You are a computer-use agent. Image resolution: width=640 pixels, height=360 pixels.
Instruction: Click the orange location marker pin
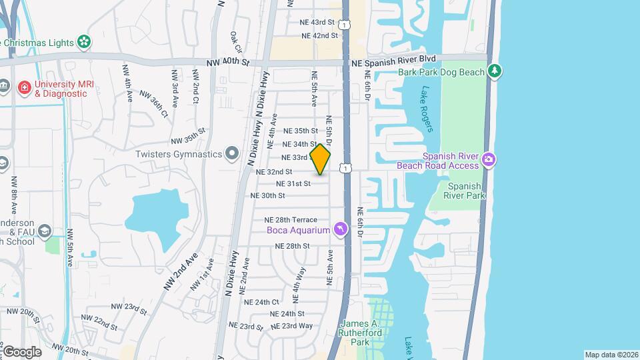point(321,159)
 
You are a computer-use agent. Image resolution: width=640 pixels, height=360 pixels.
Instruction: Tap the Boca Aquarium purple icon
point(341,229)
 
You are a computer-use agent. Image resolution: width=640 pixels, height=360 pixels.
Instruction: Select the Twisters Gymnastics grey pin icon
point(231,154)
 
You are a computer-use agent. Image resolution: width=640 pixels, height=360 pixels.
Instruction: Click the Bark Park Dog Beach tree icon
point(494,71)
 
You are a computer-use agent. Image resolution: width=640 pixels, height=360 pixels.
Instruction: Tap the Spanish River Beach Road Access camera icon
point(489,159)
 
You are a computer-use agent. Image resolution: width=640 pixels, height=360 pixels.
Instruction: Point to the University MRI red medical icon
point(25,87)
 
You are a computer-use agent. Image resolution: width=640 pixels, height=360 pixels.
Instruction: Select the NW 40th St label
point(227,62)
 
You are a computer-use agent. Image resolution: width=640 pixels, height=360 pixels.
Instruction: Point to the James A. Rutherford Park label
point(360,333)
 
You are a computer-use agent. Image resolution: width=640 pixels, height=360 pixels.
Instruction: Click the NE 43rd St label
point(320,23)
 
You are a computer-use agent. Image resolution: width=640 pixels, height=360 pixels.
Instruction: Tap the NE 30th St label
point(267,195)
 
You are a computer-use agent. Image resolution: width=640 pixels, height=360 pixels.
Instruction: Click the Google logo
point(21,351)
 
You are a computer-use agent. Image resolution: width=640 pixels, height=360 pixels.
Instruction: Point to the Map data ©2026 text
point(610,354)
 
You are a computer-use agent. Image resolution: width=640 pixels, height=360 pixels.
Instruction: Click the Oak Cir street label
point(235,42)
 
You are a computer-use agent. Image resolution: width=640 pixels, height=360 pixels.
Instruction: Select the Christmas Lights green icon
point(84,42)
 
